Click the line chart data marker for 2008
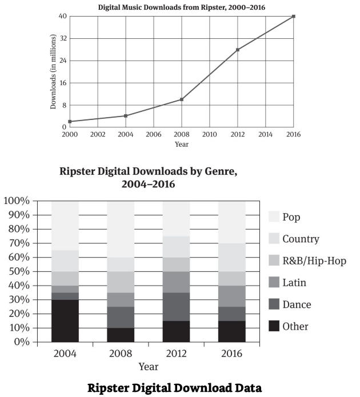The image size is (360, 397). click(x=182, y=99)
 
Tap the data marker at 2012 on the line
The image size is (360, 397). click(x=238, y=50)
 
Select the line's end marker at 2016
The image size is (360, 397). click(x=294, y=16)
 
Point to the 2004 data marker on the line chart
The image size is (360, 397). click(x=126, y=116)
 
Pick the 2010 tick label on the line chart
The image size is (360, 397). click(x=209, y=134)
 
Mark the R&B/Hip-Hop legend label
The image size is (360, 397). click(x=315, y=260)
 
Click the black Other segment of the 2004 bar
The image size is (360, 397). click(x=65, y=320)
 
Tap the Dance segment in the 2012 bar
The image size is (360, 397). click(x=177, y=307)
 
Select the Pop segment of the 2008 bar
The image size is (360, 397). click(x=121, y=228)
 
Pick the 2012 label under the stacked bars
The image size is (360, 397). click(x=177, y=352)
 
